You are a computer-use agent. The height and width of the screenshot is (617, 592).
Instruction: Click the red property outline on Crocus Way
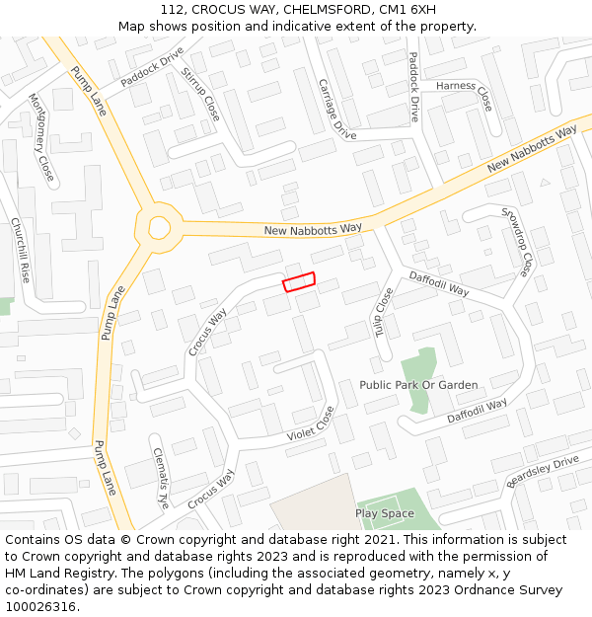(299, 281)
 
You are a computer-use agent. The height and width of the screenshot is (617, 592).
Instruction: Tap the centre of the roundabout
(159, 227)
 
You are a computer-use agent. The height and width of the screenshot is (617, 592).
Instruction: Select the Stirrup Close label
(199, 95)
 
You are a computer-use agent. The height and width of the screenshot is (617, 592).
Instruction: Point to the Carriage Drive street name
(336, 109)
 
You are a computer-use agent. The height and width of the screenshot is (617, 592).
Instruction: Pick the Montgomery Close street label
(41, 137)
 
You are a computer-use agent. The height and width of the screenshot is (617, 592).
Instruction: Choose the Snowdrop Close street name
(517, 241)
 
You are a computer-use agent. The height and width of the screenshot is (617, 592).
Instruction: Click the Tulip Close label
(383, 312)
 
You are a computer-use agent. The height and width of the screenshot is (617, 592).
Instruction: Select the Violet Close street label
(311, 424)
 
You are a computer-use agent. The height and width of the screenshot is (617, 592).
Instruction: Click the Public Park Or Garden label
(418, 385)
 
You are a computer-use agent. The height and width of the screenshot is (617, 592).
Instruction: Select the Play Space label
(385, 513)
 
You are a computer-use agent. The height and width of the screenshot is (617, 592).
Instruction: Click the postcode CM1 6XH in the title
(409, 9)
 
